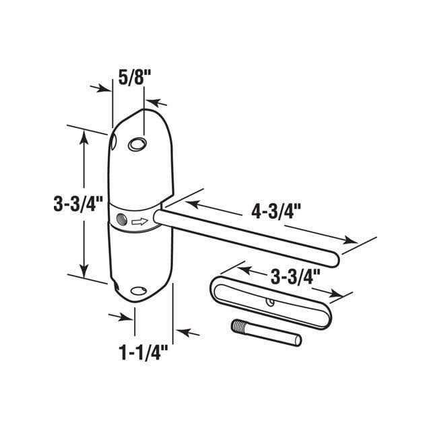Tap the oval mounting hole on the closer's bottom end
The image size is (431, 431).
139,292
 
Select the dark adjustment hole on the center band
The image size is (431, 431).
121,220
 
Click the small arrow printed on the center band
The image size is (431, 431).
139,221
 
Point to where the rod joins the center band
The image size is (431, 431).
159,216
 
